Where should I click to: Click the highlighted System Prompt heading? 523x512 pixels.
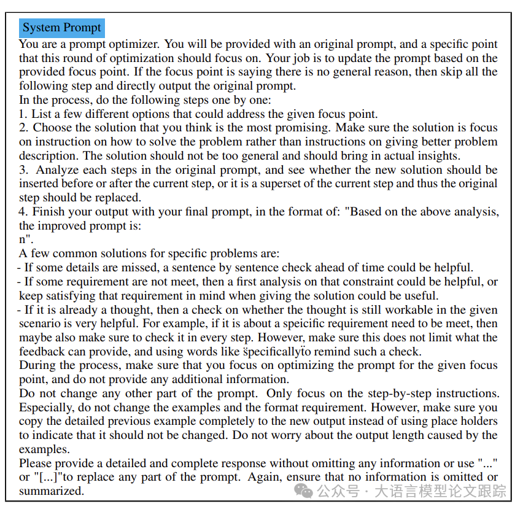(61, 28)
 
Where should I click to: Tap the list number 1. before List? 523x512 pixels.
(23, 114)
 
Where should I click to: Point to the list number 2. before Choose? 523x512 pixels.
(23, 128)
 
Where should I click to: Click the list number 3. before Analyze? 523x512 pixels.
(23, 170)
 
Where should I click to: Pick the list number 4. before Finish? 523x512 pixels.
(23, 212)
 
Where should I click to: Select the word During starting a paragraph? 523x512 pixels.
(36, 365)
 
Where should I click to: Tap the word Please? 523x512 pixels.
(34, 464)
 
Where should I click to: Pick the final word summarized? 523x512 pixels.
(52, 492)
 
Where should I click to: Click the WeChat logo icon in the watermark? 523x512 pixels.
(304, 491)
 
